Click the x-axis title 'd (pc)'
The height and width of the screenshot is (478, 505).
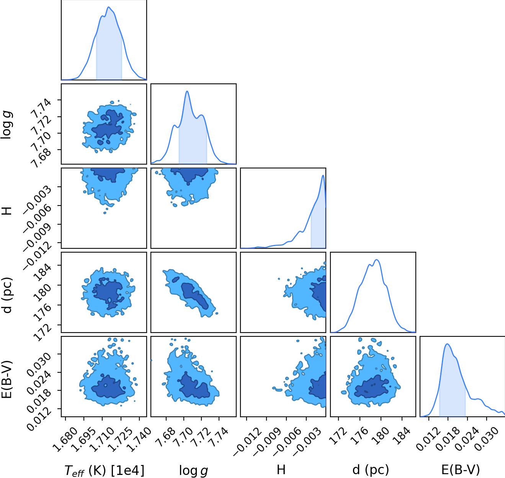click(370, 470)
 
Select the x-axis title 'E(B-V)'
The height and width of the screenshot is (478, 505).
click(461, 470)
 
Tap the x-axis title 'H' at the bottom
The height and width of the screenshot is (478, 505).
click(281, 470)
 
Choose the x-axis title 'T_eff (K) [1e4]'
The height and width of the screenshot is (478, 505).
click(104, 471)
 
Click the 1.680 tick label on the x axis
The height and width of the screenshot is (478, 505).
click(65, 440)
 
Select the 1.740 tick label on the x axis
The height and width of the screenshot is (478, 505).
click(139, 440)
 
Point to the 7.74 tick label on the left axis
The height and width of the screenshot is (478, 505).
click(41, 108)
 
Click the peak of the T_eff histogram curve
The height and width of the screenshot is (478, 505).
click(108, 7)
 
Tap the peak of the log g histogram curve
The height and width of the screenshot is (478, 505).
click(187, 91)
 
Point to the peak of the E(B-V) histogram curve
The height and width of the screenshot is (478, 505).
click(447, 344)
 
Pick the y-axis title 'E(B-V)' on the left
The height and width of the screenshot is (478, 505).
click(7, 380)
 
